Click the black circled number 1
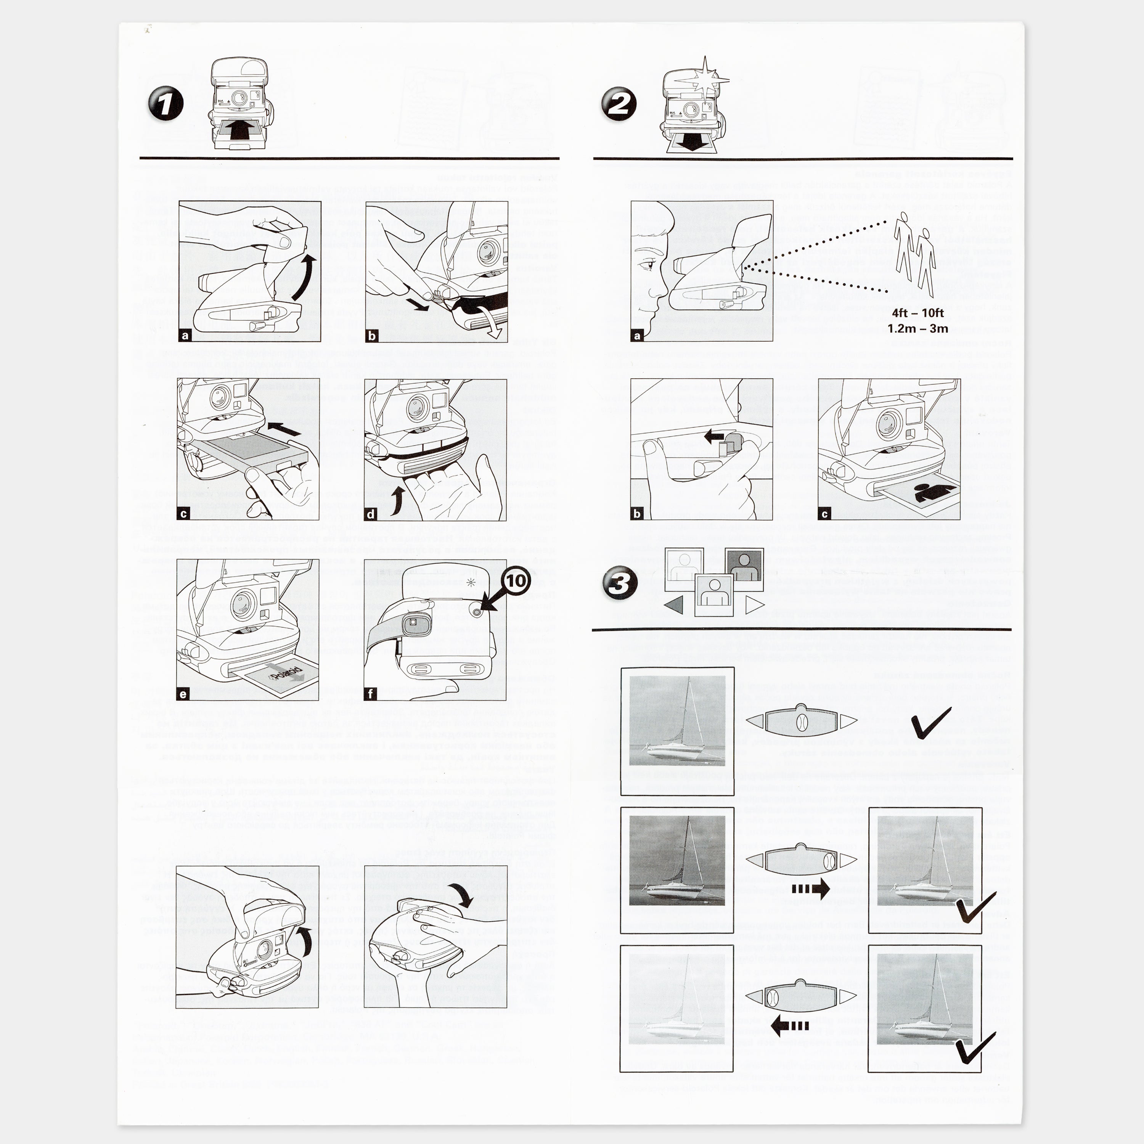(x=165, y=104)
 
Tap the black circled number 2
(x=619, y=105)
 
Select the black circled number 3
(x=619, y=583)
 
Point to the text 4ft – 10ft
(x=918, y=313)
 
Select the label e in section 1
(x=183, y=694)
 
